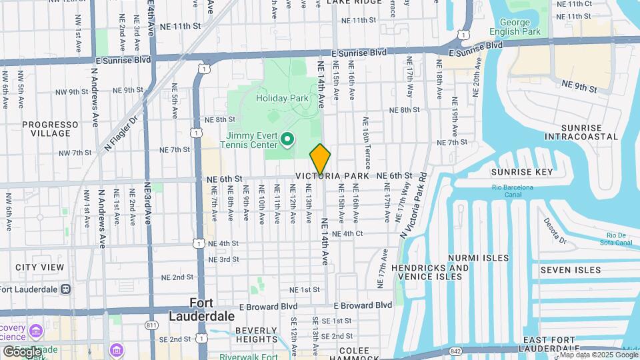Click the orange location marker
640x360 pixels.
coord(320,159)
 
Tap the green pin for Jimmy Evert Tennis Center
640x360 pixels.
coord(287,139)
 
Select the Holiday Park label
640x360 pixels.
coord(282,98)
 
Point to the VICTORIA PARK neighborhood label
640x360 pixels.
coord(337,176)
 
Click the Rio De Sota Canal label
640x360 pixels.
coord(619,239)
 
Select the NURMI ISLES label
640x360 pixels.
coord(478,258)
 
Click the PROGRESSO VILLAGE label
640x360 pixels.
coord(46,129)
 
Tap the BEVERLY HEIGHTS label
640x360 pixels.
coord(255,335)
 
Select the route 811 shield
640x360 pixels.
coord(151,325)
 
